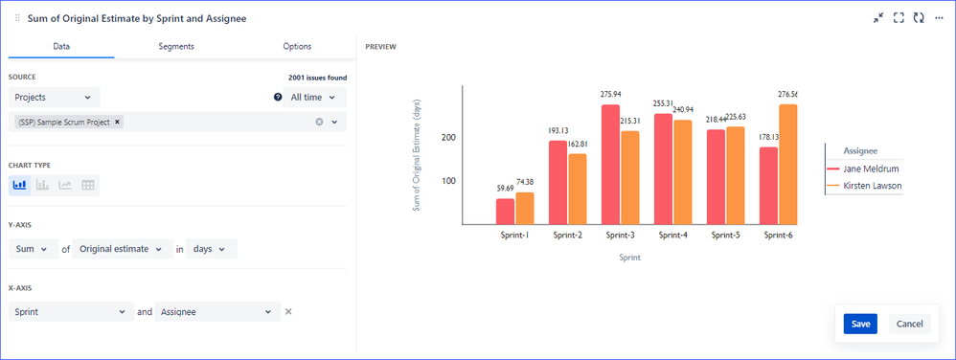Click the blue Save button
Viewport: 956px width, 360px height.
click(860, 324)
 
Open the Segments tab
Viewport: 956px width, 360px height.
click(176, 46)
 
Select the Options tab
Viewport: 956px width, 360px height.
click(297, 46)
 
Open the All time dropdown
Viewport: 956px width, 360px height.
click(313, 97)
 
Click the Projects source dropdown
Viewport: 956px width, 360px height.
click(55, 97)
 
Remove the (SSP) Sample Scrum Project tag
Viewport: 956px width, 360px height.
click(118, 122)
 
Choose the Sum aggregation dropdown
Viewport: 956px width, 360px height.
click(35, 249)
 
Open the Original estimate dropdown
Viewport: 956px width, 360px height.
click(123, 249)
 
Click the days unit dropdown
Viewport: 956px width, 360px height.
click(211, 249)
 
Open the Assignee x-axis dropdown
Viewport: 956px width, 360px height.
click(217, 311)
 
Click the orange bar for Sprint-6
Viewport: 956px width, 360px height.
click(787, 164)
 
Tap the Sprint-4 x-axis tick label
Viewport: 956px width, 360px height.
click(673, 235)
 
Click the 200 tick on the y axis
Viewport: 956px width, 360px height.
click(447, 138)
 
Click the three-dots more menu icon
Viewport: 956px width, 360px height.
click(940, 17)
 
